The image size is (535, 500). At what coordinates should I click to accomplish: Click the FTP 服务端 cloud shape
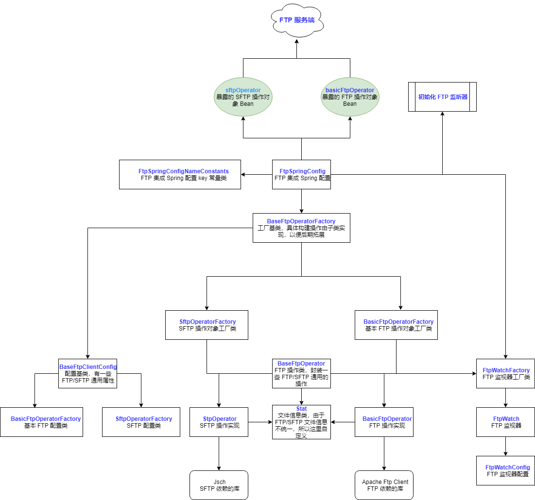[297, 21]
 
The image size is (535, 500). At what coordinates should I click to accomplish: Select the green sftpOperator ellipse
[243, 97]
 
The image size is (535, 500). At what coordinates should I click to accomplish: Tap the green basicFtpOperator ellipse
[350, 97]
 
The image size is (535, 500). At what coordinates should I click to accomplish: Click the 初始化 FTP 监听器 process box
[442, 97]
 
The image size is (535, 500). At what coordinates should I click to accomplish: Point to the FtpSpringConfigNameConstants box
[180, 174]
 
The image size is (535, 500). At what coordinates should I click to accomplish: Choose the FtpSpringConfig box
[301, 174]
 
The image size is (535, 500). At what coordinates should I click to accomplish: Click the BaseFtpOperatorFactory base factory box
[301, 228]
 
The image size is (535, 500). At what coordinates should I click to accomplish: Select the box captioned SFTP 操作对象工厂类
[207, 325]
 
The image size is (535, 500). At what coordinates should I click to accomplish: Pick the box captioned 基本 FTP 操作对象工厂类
[396, 325]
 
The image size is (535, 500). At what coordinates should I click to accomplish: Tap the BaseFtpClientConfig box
[88, 373]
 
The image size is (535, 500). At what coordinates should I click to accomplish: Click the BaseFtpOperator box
[301, 373]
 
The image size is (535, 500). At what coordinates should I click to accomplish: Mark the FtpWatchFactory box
[505, 373]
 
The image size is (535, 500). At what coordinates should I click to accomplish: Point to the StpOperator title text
[220, 419]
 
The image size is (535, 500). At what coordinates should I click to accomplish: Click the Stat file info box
[301, 422]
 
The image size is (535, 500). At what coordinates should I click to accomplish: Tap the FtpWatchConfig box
[505, 470]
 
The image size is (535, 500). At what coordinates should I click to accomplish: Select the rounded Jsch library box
[219, 485]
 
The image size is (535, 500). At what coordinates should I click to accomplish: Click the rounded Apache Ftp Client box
[384, 485]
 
